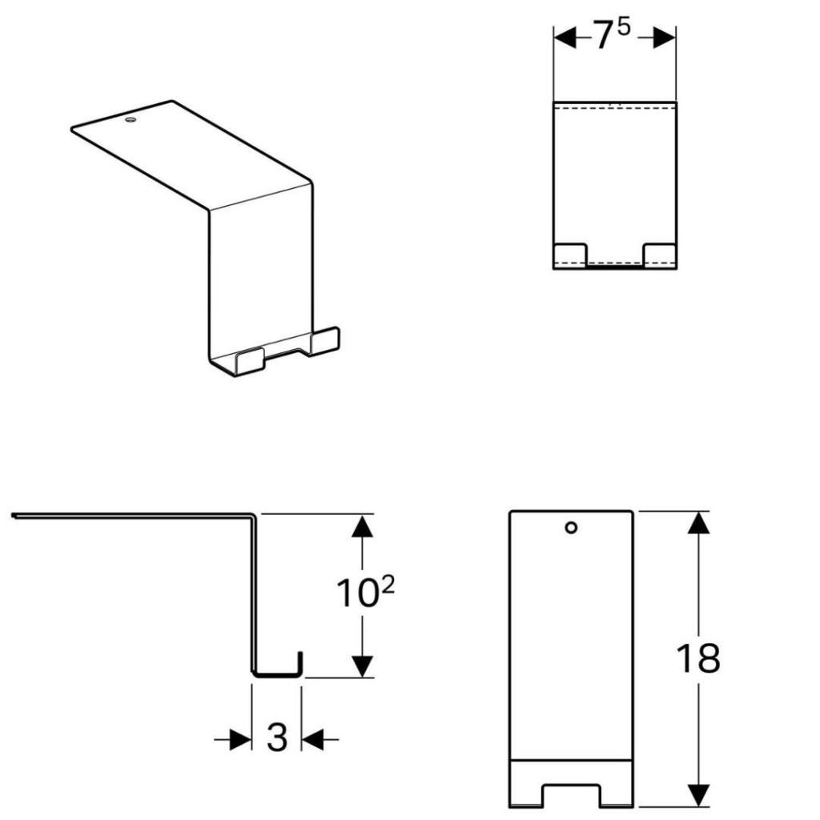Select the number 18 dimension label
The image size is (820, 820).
click(x=698, y=658)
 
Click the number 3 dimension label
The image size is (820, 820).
click(x=277, y=737)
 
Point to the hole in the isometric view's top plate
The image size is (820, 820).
click(x=131, y=120)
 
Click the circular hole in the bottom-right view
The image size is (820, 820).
click(x=571, y=528)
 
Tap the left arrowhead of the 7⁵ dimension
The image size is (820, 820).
click(x=565, y=38)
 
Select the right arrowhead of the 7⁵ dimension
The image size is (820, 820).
click(x=664, y=38)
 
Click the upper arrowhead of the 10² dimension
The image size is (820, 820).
click(x=363, y=526)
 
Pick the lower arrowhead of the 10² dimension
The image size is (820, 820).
click(x=363, y=666)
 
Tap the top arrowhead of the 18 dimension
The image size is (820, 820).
click(x=698, y=522)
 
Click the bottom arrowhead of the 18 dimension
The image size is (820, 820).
click(x=698, y=795)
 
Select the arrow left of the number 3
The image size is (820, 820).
click(x=233, y=739)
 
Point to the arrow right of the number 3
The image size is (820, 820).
click(x=320, y=739)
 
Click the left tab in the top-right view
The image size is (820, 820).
click(x=570, y=255)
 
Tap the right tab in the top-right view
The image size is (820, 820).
click(x=660, y=255)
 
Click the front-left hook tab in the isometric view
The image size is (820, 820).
click(x=250, y=361)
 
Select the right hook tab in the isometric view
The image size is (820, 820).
click(x=325, y=341)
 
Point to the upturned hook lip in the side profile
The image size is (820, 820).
click(x=300, y=663)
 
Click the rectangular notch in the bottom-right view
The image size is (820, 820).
click(x=571, y=795)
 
